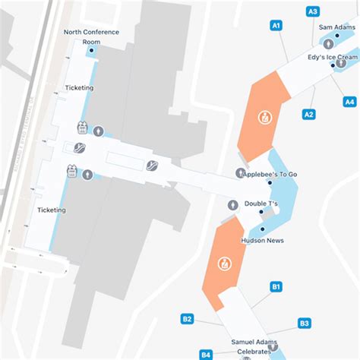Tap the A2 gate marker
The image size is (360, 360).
click(308, 115)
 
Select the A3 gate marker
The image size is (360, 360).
click(312, 11)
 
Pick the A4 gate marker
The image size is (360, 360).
click(349, 102)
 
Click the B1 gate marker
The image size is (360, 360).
click(276, 286)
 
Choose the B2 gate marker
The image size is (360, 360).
click(187, 319)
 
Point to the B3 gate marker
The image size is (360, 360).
click(304, 324)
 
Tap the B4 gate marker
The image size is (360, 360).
click(206, 354)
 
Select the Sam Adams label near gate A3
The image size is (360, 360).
click(335, 27)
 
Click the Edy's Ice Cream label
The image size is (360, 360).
click(333, 57)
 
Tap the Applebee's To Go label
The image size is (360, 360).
click(270, 175)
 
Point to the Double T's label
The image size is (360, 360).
click(261, 204)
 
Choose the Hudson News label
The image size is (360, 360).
click(263, 239)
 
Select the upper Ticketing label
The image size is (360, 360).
click(79, 88)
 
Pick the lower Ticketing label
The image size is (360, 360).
click(52, 210)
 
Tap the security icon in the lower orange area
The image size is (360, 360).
click(225, 264)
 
